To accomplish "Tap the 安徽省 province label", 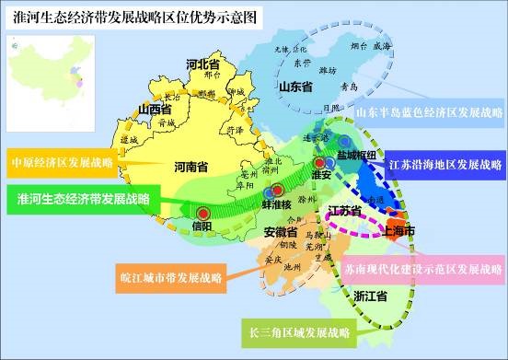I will click(280, 231).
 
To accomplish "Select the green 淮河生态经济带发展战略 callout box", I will click(82, 198).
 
